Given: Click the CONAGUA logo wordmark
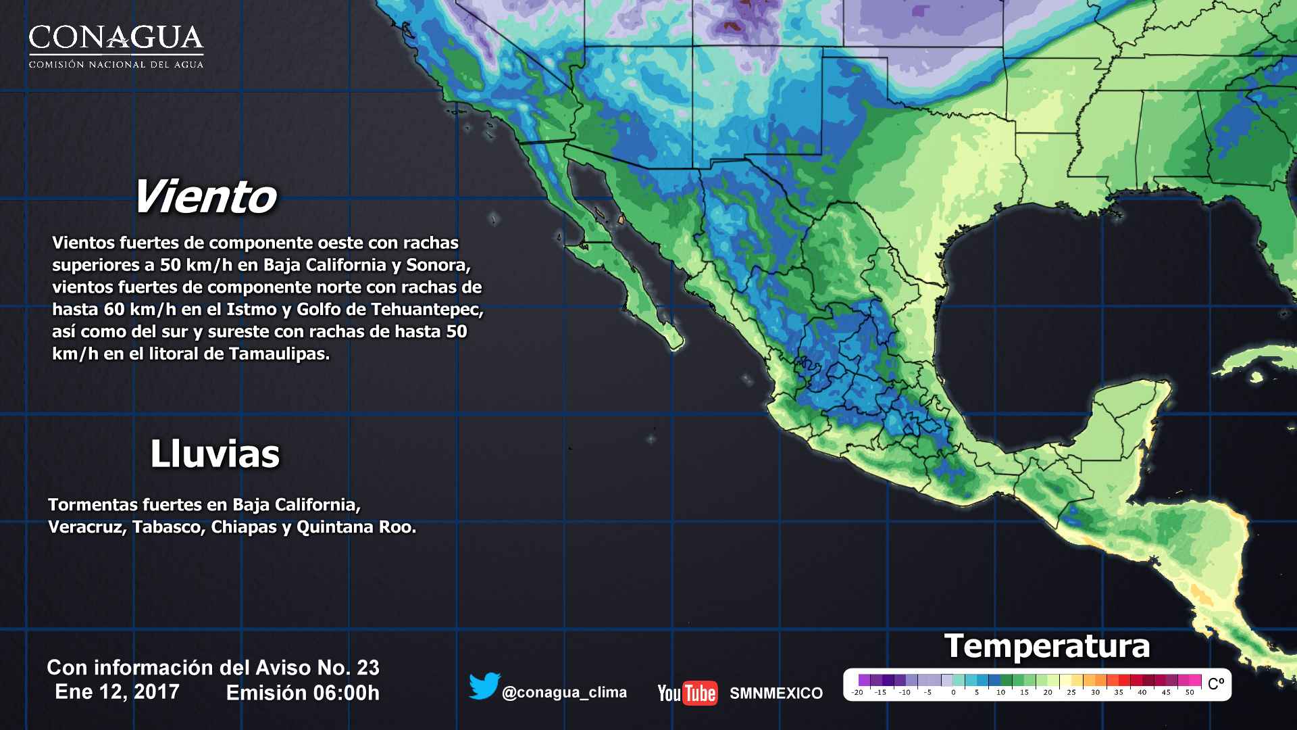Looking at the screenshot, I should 116,39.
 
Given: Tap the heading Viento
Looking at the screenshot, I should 205,197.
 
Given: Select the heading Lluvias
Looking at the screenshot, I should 215,454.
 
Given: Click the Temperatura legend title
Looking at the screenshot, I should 1046,646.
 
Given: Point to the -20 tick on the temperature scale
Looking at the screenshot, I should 857,692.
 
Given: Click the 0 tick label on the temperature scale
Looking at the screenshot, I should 953,692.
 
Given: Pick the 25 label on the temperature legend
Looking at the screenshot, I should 1071,692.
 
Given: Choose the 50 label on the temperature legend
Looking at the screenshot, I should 1190,692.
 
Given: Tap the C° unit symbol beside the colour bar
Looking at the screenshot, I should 1215,684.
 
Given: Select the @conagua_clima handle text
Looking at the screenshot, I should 564,693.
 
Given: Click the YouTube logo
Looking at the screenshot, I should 687,693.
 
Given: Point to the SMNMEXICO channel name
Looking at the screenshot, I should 776,693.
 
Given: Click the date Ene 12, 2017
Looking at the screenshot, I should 117,691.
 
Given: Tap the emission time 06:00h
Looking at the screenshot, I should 349,693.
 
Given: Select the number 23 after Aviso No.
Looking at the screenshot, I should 367,668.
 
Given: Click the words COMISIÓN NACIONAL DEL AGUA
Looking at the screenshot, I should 116,65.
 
